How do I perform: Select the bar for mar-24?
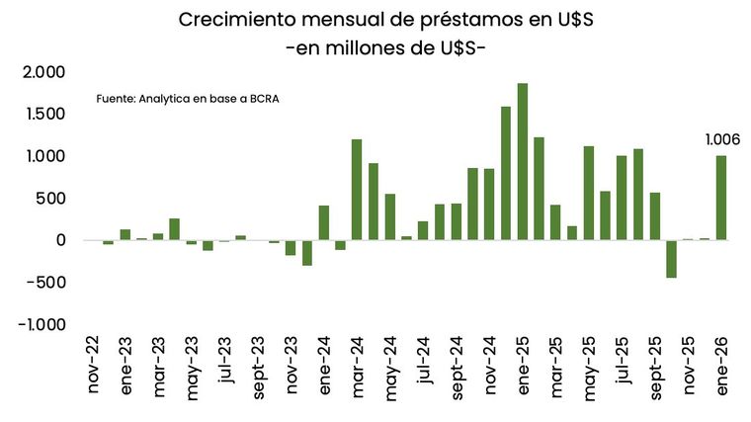point(357,190)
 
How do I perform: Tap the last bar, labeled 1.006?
point(721,198)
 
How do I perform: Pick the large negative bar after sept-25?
point(671,259)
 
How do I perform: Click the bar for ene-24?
point(324,222)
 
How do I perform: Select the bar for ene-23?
point(125,235)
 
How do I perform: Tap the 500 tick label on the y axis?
point(51,199)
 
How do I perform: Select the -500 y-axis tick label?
point(47,283)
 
